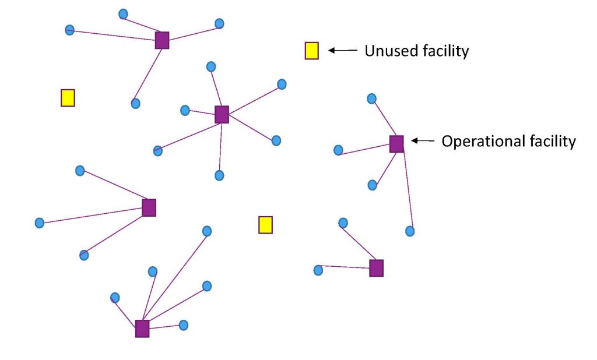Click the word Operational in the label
pos(478,141)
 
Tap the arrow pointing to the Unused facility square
pos(342,51)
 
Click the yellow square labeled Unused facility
pos(312,51)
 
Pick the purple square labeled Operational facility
pos(396,143)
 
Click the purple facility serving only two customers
pos(377,268)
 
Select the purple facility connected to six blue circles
pos(222,114)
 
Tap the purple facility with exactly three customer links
pos(149,207)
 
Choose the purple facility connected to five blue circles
pos(142,329)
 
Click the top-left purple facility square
pos(162,40)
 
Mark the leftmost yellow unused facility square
pos(68,97)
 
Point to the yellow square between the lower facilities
pos(265,224)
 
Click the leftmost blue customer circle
pos(39,223)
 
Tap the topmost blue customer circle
pos(123,14)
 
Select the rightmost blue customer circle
pos(410,231)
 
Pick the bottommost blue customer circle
pos(183,325)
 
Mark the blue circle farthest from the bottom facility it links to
pos(206,231)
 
